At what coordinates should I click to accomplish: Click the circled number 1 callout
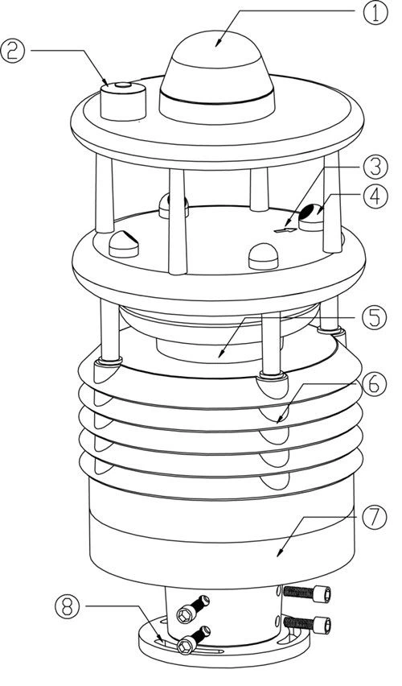pos(375,13)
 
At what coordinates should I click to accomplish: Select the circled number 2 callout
pos(13,50)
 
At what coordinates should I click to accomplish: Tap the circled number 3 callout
pos(375,167)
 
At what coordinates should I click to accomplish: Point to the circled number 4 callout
pos(375,196)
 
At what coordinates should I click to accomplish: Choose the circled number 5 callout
pos(375,318)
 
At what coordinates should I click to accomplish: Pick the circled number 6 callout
pos(375,384)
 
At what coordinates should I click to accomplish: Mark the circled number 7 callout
pos(375,517)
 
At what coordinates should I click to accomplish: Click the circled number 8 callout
pos(68,606)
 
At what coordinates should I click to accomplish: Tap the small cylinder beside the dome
pos(123,101)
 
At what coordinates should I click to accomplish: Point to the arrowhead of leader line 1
pos(218,43)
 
